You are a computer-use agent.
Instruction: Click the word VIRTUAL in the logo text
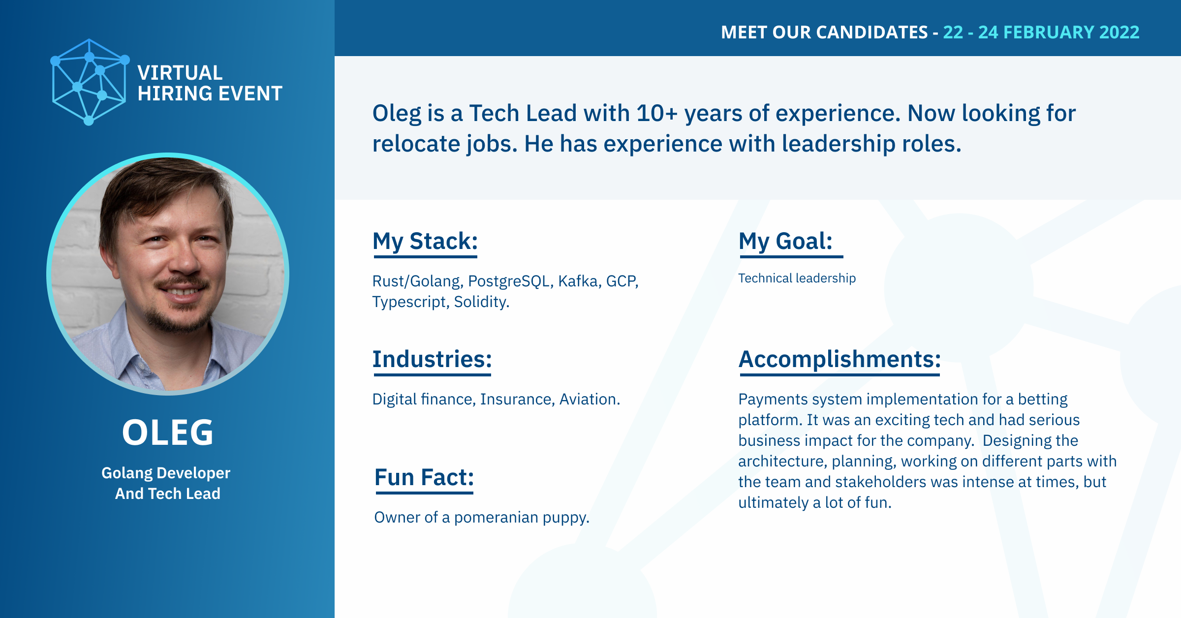tap(180, 73)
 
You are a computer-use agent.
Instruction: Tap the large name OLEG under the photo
tap(168, 433)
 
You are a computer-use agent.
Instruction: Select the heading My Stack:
tap(425, 241)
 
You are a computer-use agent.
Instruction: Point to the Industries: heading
tap(432, 359)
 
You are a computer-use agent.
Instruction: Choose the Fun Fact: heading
tap(424, 477)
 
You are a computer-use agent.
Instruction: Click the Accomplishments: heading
tap(839, 359)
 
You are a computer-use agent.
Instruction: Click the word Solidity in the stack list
tap(480, 302)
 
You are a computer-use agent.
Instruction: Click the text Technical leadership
tap(797, 278)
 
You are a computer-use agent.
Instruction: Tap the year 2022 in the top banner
tap(1119, 32)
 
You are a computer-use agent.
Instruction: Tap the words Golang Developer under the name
tap(166, 473)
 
